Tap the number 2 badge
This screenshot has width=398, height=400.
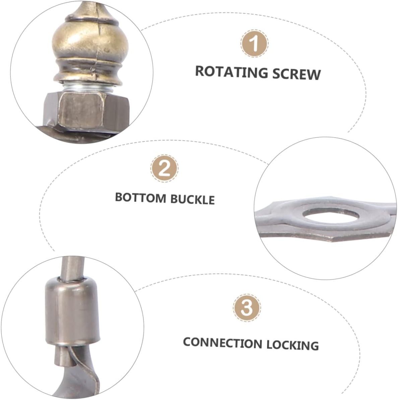pyautogui.click(x=164, y=169)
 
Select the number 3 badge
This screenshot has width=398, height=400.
pyautogui.click(x=247, y=307)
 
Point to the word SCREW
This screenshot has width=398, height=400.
pyautogui.click(x=296, y=74)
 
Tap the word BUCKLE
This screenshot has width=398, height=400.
pyautogui.click(x=192, y=199)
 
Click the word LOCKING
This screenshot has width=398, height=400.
pyautogui.click(x=292, y=344)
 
